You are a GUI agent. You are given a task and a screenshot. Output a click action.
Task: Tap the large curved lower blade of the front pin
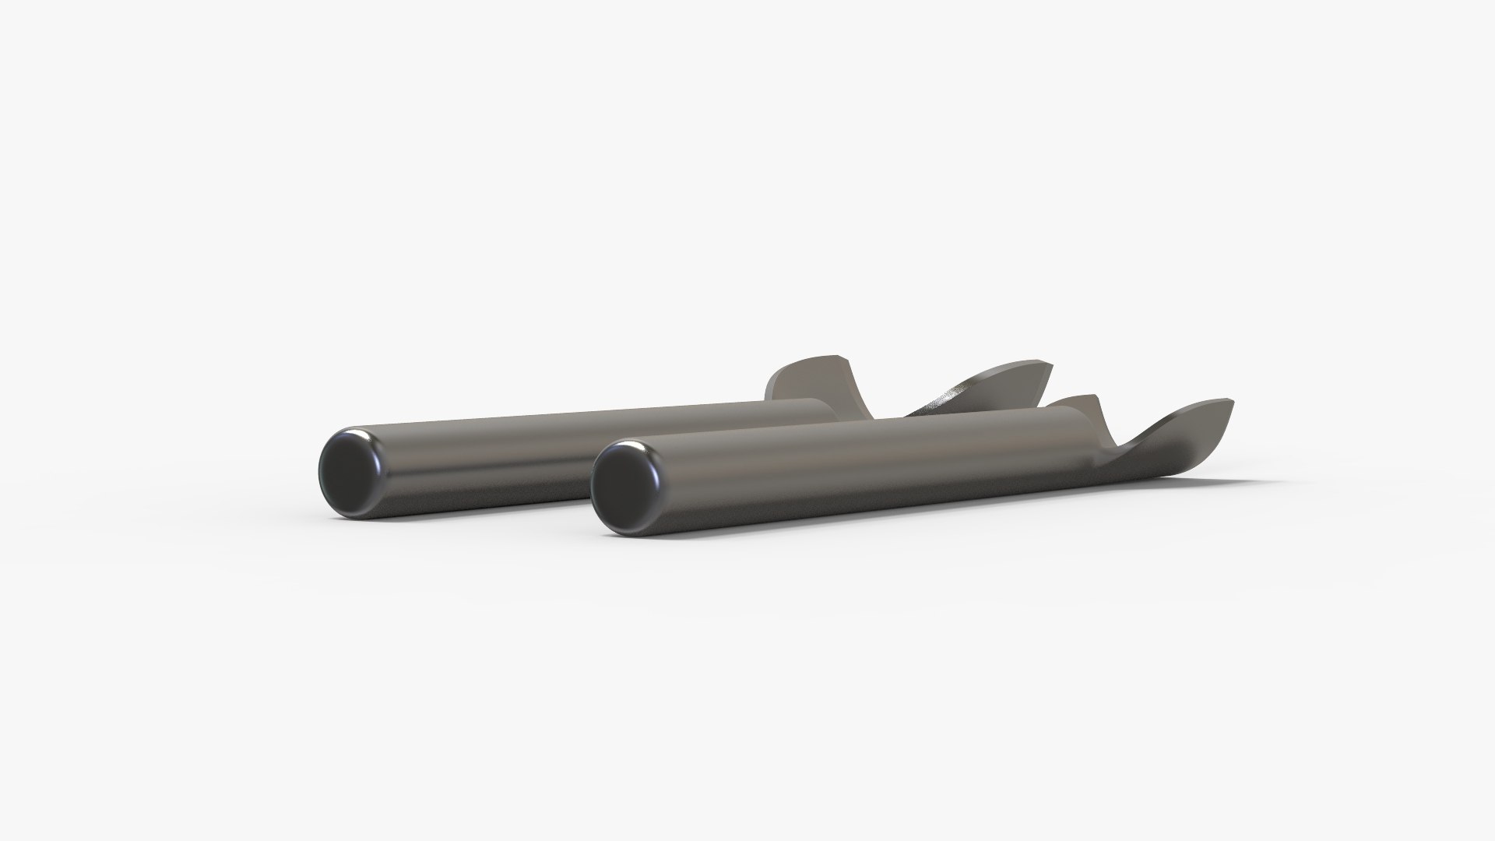pos(1184,436)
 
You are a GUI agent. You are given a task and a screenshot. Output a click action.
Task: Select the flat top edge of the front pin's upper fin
pos(1078,399)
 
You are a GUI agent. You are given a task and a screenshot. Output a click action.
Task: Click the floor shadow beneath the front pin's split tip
pos(1215,475)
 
